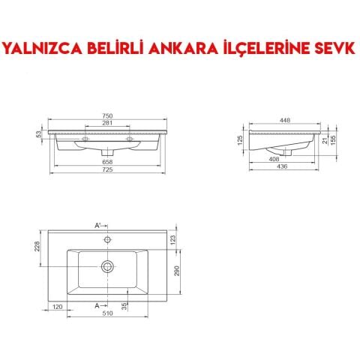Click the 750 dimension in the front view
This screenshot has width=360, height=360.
(106, 115)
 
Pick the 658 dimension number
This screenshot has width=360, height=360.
(106, 161)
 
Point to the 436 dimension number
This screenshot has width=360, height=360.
(284, 166)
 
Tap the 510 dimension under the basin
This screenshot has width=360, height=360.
(107, 313)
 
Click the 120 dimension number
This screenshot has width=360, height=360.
(57, 307)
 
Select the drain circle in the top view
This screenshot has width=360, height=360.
(107, 265)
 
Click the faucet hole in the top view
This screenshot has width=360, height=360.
(107, 240)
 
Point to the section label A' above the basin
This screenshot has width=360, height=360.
(97, 225)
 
